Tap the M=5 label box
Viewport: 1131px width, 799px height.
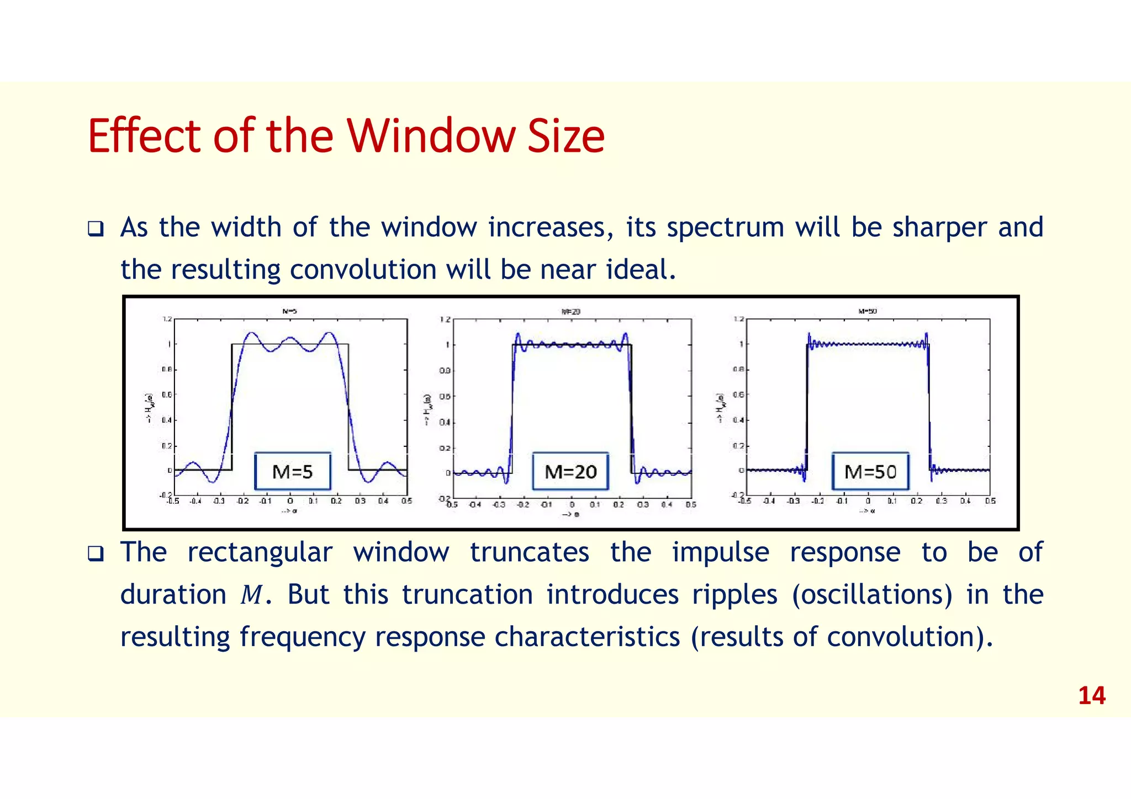(293, 472)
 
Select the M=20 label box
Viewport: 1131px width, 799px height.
(570, 472)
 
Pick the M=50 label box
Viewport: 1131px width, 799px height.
(870, 472)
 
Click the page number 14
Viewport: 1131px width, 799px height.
(1091, 696)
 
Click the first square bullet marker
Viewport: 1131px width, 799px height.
(96, 228)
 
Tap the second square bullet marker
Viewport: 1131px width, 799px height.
(96, 553)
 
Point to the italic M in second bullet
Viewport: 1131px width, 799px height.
(251, 595)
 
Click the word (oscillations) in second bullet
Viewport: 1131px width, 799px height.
(872, 595)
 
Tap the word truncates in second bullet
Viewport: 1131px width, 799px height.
(529, 553)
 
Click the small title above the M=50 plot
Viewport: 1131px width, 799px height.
(868, 311)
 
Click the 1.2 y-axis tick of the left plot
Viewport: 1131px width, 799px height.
(166, 319)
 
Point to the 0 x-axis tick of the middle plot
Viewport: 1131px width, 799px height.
(572, 504)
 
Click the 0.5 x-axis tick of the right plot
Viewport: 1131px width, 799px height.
(990, 501)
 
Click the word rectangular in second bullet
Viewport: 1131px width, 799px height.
(260, 553)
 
